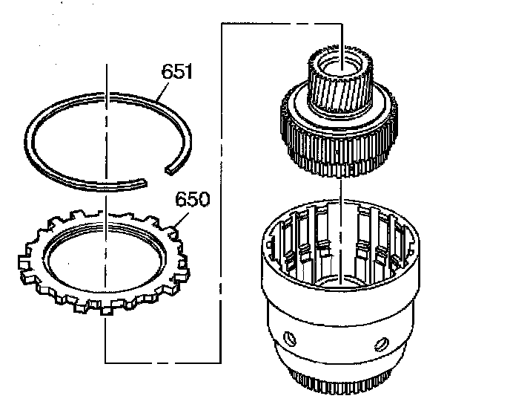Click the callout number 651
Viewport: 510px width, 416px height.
coord(177,71)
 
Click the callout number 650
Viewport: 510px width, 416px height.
coord(192,200)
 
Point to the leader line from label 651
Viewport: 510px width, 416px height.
coord(162,91)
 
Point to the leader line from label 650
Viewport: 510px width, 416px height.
coord(181,221)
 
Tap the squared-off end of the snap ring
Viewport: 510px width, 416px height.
coord(170,170)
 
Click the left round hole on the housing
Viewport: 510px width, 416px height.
coord(290,339)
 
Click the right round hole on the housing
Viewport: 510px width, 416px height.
coord(382,344)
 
